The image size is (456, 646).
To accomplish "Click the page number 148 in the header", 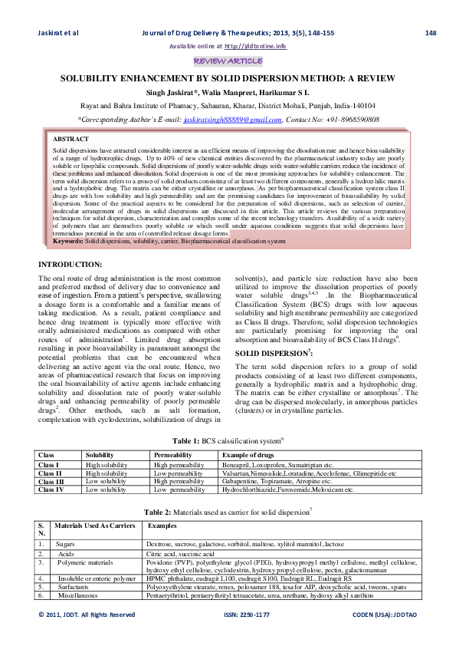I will (x=430, y=33).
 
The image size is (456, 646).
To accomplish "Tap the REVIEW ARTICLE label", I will (x=228, y=61).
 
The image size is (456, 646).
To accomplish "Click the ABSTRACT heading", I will (x=71, y=139).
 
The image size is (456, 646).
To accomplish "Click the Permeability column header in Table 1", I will (x=173, y=456).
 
